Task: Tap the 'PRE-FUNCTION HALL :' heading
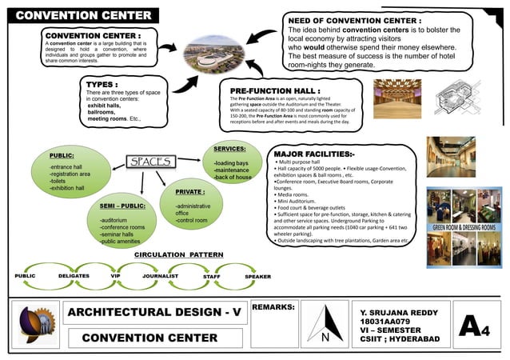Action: (x=275, y=91)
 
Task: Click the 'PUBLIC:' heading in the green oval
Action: (x=62, y=154)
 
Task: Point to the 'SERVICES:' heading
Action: (x=229, y=149)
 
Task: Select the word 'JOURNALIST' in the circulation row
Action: (x=158, y=275)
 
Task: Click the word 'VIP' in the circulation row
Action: (x=116, y=275)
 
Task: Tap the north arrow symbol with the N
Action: (x=325, y=329)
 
